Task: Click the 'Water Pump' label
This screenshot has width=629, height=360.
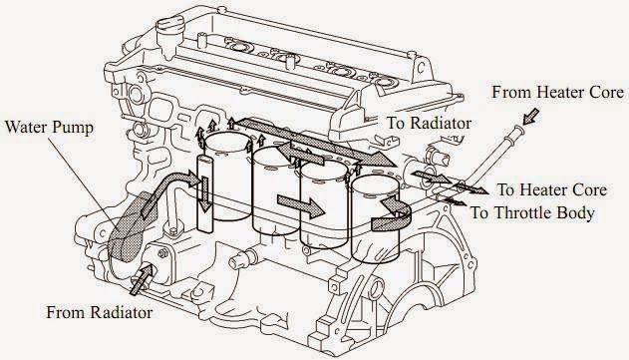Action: [50, 129]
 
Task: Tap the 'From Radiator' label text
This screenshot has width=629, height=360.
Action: [100, 313]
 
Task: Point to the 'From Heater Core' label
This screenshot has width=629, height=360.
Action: [554, 92]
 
